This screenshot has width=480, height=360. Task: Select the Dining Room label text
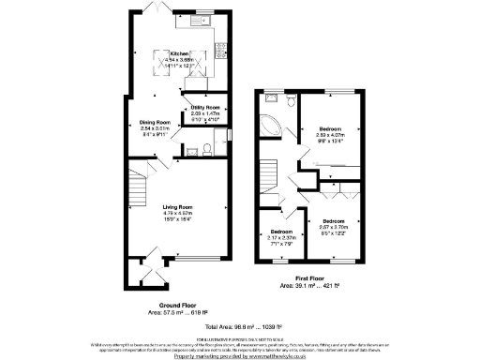155,123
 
